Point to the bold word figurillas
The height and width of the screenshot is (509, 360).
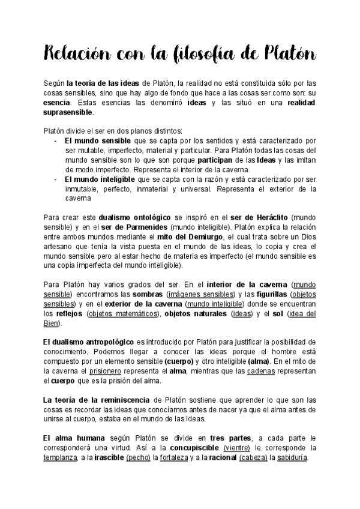click(x=266, y=295)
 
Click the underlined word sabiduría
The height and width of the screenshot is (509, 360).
click(x=290, y=457)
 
